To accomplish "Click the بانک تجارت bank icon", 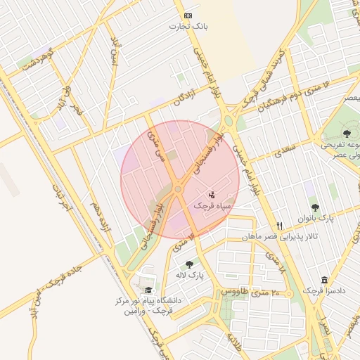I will tap(188, 15).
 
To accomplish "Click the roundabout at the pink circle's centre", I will tap(178, 188).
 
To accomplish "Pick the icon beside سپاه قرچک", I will tap(211, 194).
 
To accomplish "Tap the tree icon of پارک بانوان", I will tap(314, 207).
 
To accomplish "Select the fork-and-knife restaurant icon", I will tap(280, 226).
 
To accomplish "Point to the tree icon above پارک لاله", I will tap(189, 264).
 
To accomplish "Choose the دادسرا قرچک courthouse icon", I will tap(323, 279).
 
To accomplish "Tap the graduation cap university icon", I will tap(148, 290).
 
